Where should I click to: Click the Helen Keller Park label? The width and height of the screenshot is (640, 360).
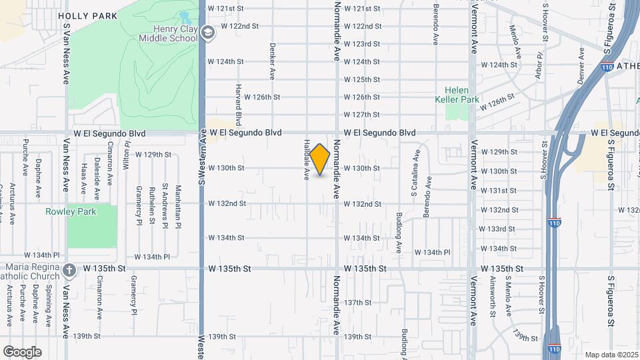tap(457, 95)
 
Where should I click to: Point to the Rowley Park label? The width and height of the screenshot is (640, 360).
tap(71, 212)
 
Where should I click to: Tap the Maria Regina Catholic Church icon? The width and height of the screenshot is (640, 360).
tap(69, 269)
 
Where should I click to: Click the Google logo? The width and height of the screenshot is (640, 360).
tap(22, 352)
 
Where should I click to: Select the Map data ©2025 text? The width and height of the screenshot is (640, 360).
tap(611, 355)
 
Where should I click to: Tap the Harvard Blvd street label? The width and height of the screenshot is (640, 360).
tap(237, 104)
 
